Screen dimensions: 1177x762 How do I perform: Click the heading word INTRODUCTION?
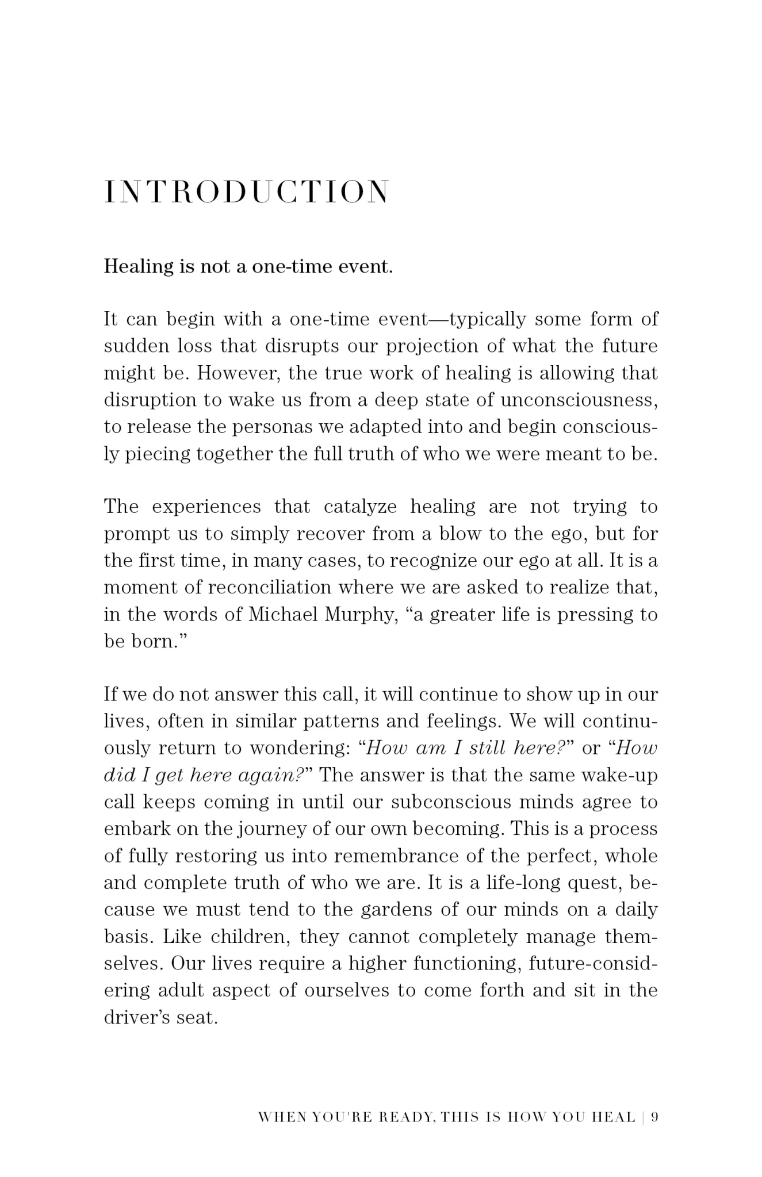247,192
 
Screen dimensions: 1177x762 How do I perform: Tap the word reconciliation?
270,588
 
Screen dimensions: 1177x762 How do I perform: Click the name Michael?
282,615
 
